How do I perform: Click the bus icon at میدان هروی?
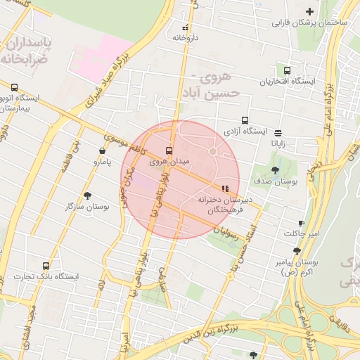click(168, 150)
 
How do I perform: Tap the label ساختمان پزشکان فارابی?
click(311, 22)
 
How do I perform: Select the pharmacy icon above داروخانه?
click(185, 27)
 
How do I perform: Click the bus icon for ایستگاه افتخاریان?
click(287, 70)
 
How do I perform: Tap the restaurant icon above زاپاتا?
click(278, 132)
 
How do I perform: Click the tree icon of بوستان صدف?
click(274, 169)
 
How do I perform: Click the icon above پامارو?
click(103, 150)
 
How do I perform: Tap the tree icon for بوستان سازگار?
click(87, 196)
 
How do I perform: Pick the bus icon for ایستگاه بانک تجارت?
click(46, 266)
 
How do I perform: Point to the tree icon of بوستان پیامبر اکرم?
click(297, 251)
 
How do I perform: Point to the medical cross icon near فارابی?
click(309, 11)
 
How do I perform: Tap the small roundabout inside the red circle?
click(212, 151)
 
